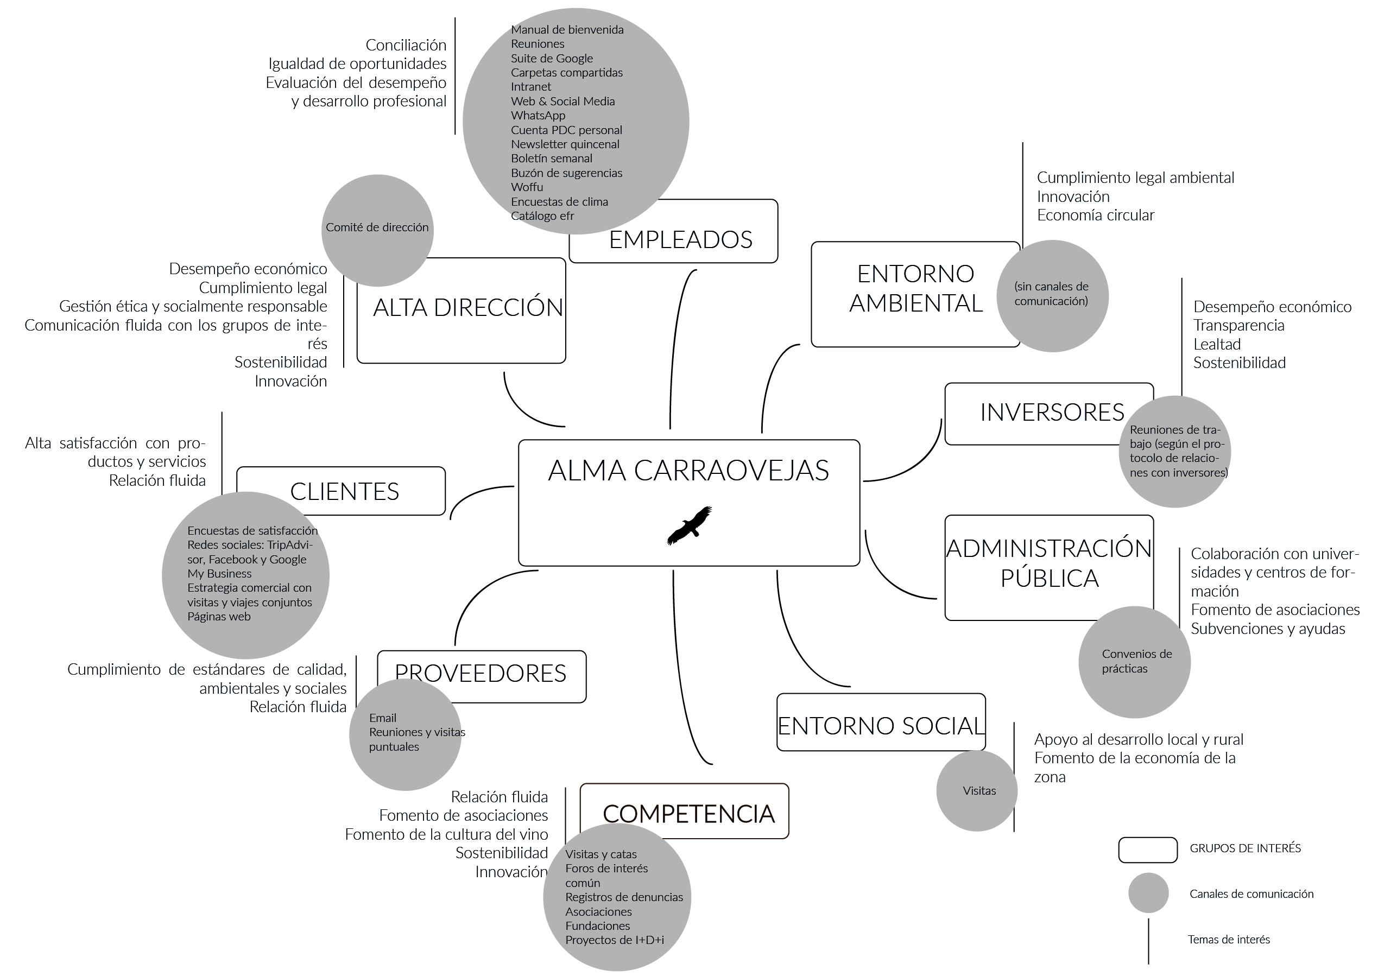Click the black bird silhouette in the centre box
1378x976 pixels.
point(690,525)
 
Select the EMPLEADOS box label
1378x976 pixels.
point(680,240)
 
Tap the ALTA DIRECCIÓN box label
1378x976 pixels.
point(468,307)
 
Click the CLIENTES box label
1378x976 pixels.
point(344,492)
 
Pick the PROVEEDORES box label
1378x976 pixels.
point(481,673)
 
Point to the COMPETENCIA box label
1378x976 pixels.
point(688,814)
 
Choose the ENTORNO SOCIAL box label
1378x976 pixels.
point(881,726)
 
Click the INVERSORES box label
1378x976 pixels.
point(1052,413)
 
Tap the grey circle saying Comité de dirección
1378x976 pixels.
point(377,230)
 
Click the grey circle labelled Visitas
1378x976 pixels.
point(977,791)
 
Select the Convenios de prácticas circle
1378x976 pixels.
point(1135,662)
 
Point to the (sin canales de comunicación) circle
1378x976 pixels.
point(1052,296)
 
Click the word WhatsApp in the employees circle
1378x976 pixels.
point(538,116)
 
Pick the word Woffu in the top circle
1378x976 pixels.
point(527,187)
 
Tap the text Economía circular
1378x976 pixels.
point(1096,215)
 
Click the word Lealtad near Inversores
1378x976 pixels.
point(1217,344)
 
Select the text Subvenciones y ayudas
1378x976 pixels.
point(1268,629)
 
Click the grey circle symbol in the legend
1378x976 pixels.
point(1148,893)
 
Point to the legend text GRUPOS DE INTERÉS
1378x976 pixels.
point(1245,848)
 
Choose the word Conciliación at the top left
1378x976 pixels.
point(406,45)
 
